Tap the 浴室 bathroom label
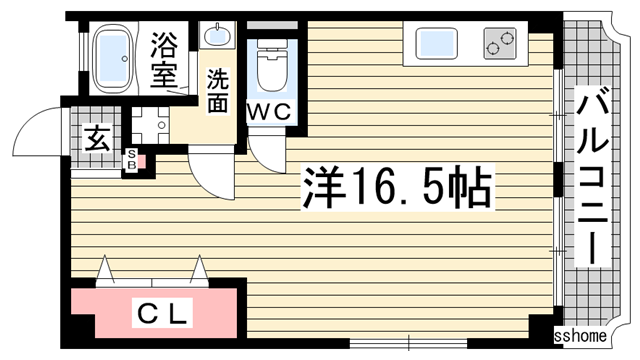click(164, 60)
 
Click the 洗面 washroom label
click(218, 89)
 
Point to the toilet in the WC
click(271, 68)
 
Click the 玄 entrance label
click(96, 137)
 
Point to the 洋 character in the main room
click(322, 187)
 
